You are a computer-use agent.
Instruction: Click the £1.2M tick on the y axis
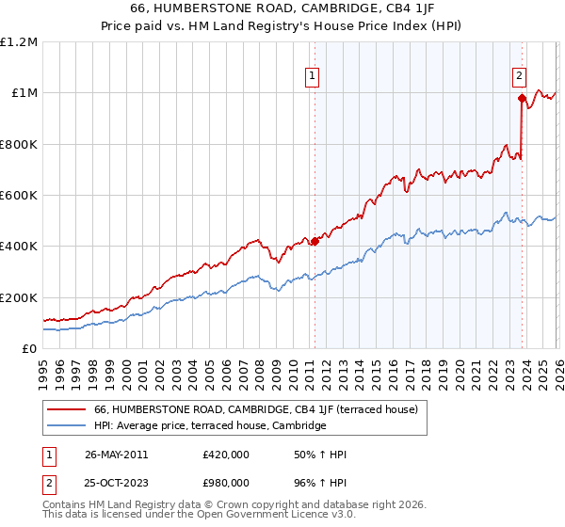tap(19, 42)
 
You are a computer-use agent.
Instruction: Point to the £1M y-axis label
tap(24, 93)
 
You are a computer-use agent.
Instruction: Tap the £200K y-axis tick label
tap(19, 297)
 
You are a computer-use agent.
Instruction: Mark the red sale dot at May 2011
tap(315, 241)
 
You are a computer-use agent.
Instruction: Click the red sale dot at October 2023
tap(521, 97)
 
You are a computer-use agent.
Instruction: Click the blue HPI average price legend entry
tap(209, 426)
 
